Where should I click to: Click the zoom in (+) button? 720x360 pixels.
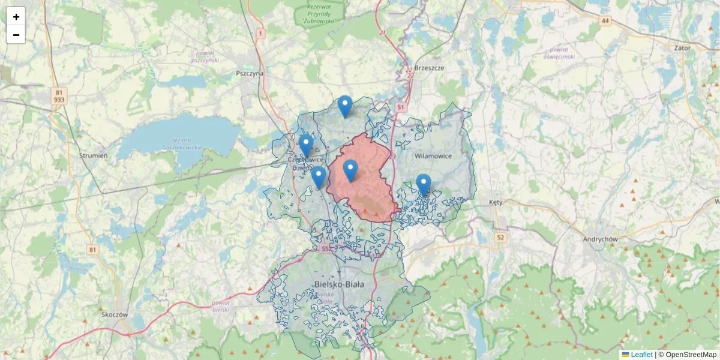[x=16, y=17]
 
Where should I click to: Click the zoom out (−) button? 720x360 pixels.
[x=16, y=35]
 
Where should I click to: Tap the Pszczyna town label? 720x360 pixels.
[x=250, y=73]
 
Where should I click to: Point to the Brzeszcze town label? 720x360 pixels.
[x=429, y=68]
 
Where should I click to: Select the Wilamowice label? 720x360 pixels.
[x=433, y=156]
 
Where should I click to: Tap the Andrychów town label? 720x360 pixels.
[x=601, y=239]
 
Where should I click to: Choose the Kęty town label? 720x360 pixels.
[x=496, y=202]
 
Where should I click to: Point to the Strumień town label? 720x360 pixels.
[x=93, y=155]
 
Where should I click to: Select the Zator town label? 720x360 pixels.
[x=682, y=47]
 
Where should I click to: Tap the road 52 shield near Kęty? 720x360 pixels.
[x=500, y=238]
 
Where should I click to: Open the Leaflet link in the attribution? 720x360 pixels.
[x=641, y=355]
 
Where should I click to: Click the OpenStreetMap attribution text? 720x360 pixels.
[x=691, y=355]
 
